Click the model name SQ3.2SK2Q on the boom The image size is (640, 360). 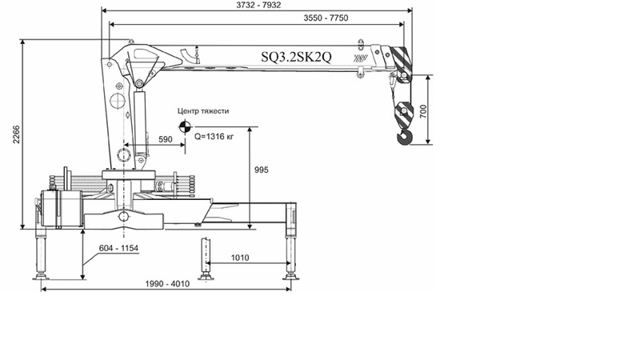coord(296,57)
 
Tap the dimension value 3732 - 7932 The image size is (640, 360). coord(258,5)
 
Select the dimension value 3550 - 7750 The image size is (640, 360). coord(326,18)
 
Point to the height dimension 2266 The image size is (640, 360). coord(16,134)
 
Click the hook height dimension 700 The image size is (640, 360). coord(423,111)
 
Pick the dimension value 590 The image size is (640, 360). coord(166,139)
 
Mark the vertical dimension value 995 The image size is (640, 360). coord(262,170)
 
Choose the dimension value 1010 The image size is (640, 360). coord(240,258)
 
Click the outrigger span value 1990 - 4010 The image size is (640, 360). coord(167,284)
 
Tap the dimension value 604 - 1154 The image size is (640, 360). coord(118,248)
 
